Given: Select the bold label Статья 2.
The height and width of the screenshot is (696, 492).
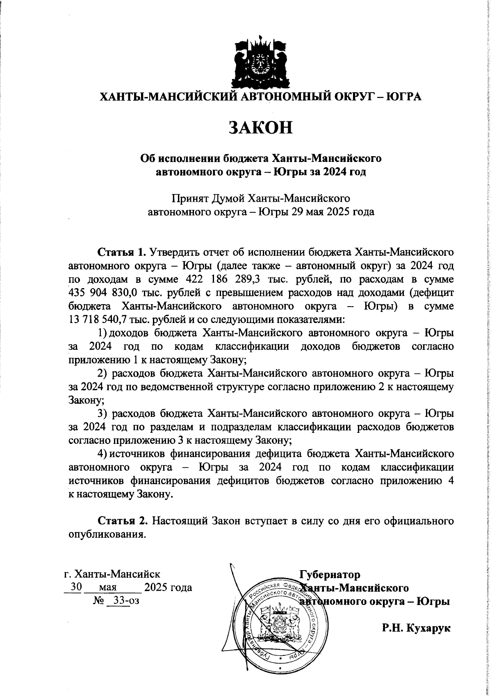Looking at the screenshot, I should click(122, 521).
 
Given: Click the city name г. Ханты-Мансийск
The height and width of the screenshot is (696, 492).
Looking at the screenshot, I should click(109, 573).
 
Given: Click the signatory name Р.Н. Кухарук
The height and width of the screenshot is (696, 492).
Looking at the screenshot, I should click(416, 627).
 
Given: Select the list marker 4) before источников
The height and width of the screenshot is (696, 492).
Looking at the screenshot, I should click(102, 454).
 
